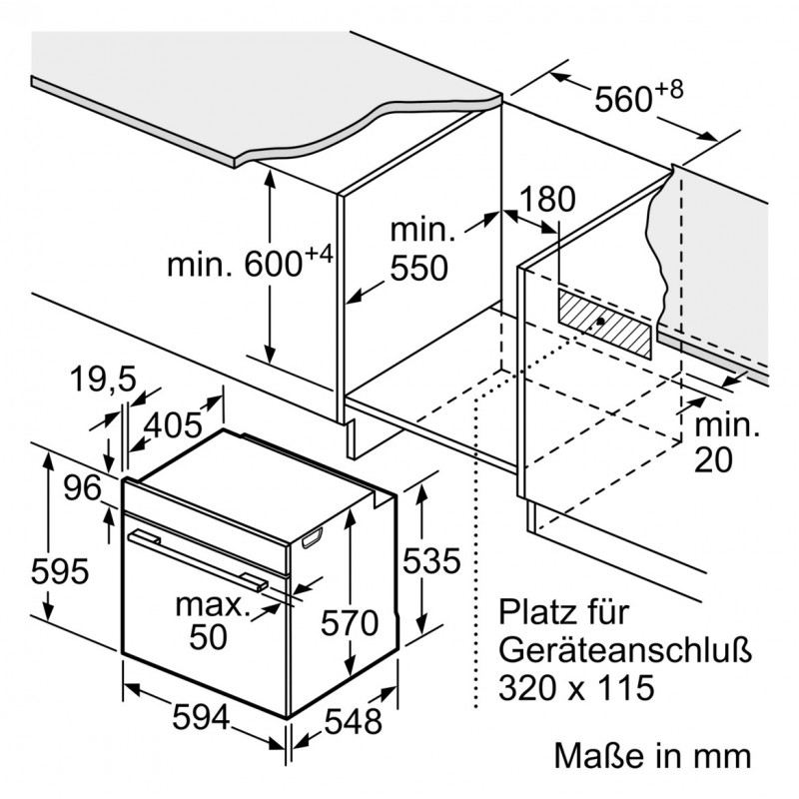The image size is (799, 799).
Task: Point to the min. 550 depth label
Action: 420,249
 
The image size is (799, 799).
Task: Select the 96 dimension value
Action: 81,488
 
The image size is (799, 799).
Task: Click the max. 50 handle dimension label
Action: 210,620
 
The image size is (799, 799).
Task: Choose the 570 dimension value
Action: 350,623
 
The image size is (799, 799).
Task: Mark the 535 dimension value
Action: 430,561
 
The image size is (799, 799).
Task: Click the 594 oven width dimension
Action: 197,718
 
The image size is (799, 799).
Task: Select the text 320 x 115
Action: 576,687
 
